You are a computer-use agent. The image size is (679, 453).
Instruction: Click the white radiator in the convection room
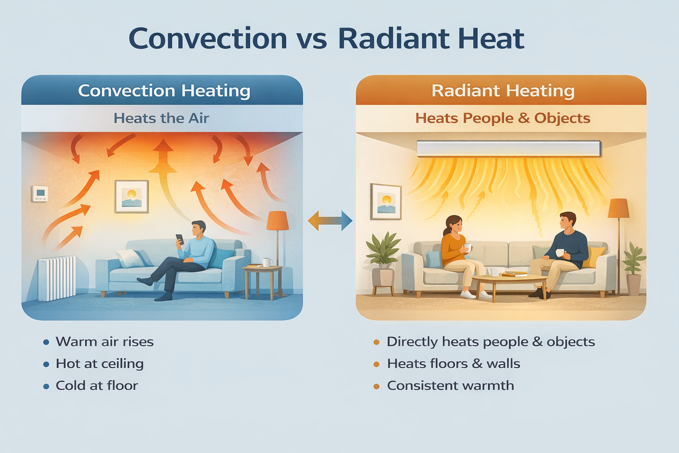pyautogui.click(x=57, y=278)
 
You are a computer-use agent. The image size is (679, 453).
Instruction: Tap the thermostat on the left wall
pyautogui.click(x=40, y=193)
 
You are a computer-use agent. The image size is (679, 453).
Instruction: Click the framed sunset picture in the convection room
pyautogui.click(x=131, y=196)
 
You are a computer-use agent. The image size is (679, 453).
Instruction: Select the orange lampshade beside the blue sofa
pyautogui.click(x=277, y=220)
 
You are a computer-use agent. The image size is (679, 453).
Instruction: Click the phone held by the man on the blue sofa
pyautogui.click(x=180, y=239)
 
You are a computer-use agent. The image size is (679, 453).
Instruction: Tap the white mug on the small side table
pyautogui.click(x=267, y=262)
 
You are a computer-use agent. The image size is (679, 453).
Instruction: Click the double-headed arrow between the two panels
pyautogui.click(x=330, y=220)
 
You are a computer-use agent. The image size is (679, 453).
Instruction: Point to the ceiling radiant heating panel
pyautogui.click(x=509, y=149)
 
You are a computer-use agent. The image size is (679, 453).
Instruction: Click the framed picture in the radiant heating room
pyautogui.click(x=386, y=202)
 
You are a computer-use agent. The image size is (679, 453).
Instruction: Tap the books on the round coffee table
pyautogui.click(x=515, y=274)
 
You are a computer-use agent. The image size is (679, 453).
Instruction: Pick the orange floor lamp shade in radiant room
pyautogui.click(x=618, y=208)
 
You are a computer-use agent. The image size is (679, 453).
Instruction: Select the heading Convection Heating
pyautogui.click(x=164, y=91)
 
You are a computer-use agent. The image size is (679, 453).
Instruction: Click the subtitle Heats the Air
pyautogui.click(x=161, y=118)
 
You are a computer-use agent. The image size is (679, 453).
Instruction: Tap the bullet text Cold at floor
pyautogui.click(x=97, y=386)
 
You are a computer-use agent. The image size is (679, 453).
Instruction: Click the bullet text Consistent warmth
pyautogui.click(x=450, y=386)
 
